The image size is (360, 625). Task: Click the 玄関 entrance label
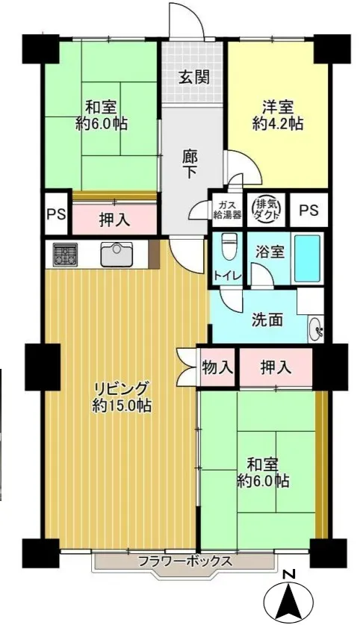click(x=193, y=77)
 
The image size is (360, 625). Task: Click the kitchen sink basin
click(x=117, y=255)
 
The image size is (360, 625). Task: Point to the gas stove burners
click(x=63, y=255)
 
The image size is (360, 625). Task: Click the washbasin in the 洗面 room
click(x=316, y=329)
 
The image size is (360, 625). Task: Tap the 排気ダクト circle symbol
click(x=267, y=208)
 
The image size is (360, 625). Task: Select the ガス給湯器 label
click(x=228, y=210)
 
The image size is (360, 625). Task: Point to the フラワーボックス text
click(x=185, y=562)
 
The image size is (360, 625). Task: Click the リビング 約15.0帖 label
click(x=122, y=397)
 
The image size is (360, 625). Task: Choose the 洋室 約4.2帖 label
click(x=278, y=115)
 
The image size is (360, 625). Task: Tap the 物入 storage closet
click(x=217, y=367)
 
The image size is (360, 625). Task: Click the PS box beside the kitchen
click(x=56, y=214)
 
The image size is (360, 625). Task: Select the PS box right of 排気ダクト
click(x=309, y=210)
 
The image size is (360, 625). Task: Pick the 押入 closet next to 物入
click(x=276, y=367)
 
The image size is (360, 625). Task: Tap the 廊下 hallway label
click(x=190, y=164)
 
